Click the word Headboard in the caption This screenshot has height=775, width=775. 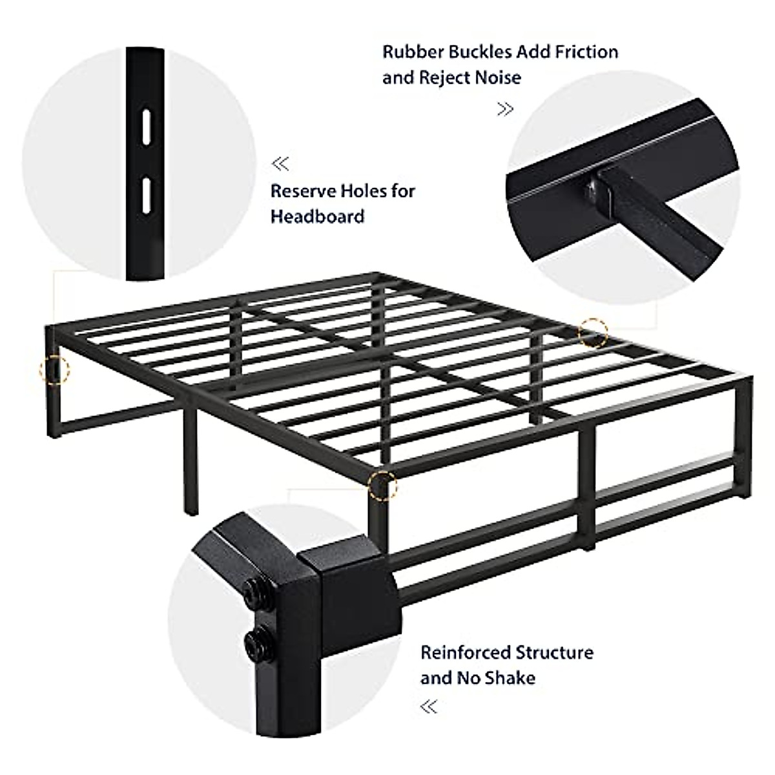(317, 216)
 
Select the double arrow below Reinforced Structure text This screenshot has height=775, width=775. (429, 707)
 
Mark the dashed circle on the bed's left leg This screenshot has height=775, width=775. (54, 369)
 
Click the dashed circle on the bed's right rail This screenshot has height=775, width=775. (593, 332)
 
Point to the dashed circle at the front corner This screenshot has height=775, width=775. (382, 486)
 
